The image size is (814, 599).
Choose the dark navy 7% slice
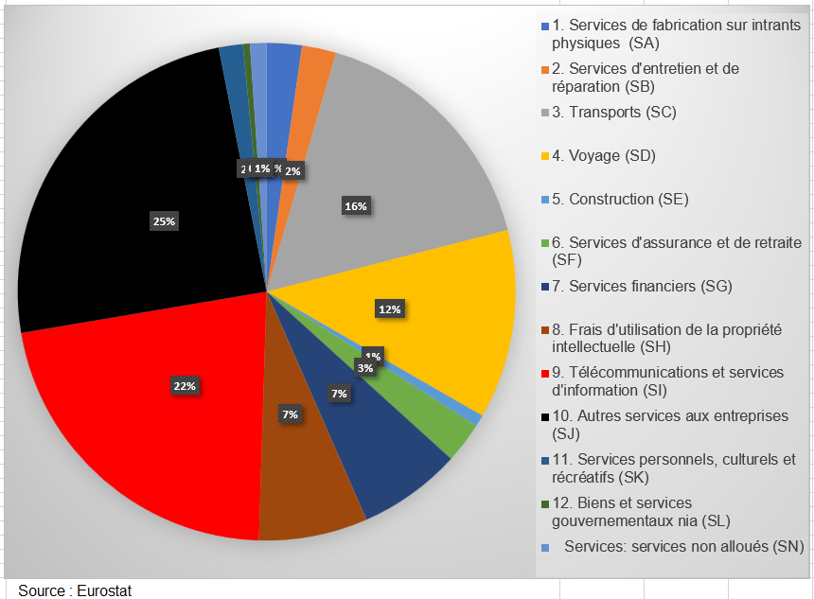click(x=388, y=445)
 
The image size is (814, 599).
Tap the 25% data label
click(x=164, y=220)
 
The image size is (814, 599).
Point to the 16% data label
click(x=356, y=206)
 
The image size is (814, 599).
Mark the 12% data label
click(x=390, y=308)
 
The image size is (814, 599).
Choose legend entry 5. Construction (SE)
click(x=619, y=199)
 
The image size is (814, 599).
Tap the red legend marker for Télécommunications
click(x=544, y=373)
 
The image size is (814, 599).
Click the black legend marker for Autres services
click(x=544, y=416)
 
